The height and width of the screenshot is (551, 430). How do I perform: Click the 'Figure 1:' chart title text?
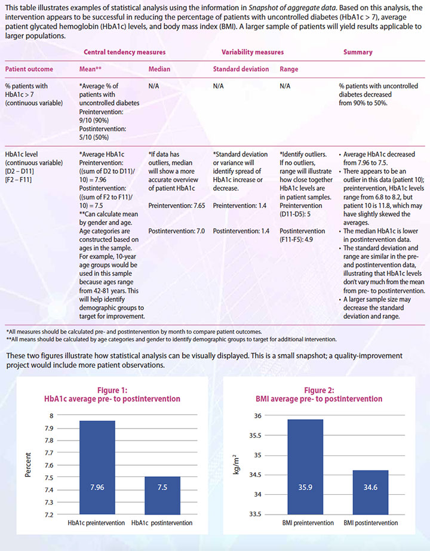(x=113, y=390)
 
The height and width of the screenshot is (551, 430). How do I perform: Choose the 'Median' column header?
(x=159, y=69)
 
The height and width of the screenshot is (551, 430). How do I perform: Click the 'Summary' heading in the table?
(x=358, y=53)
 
